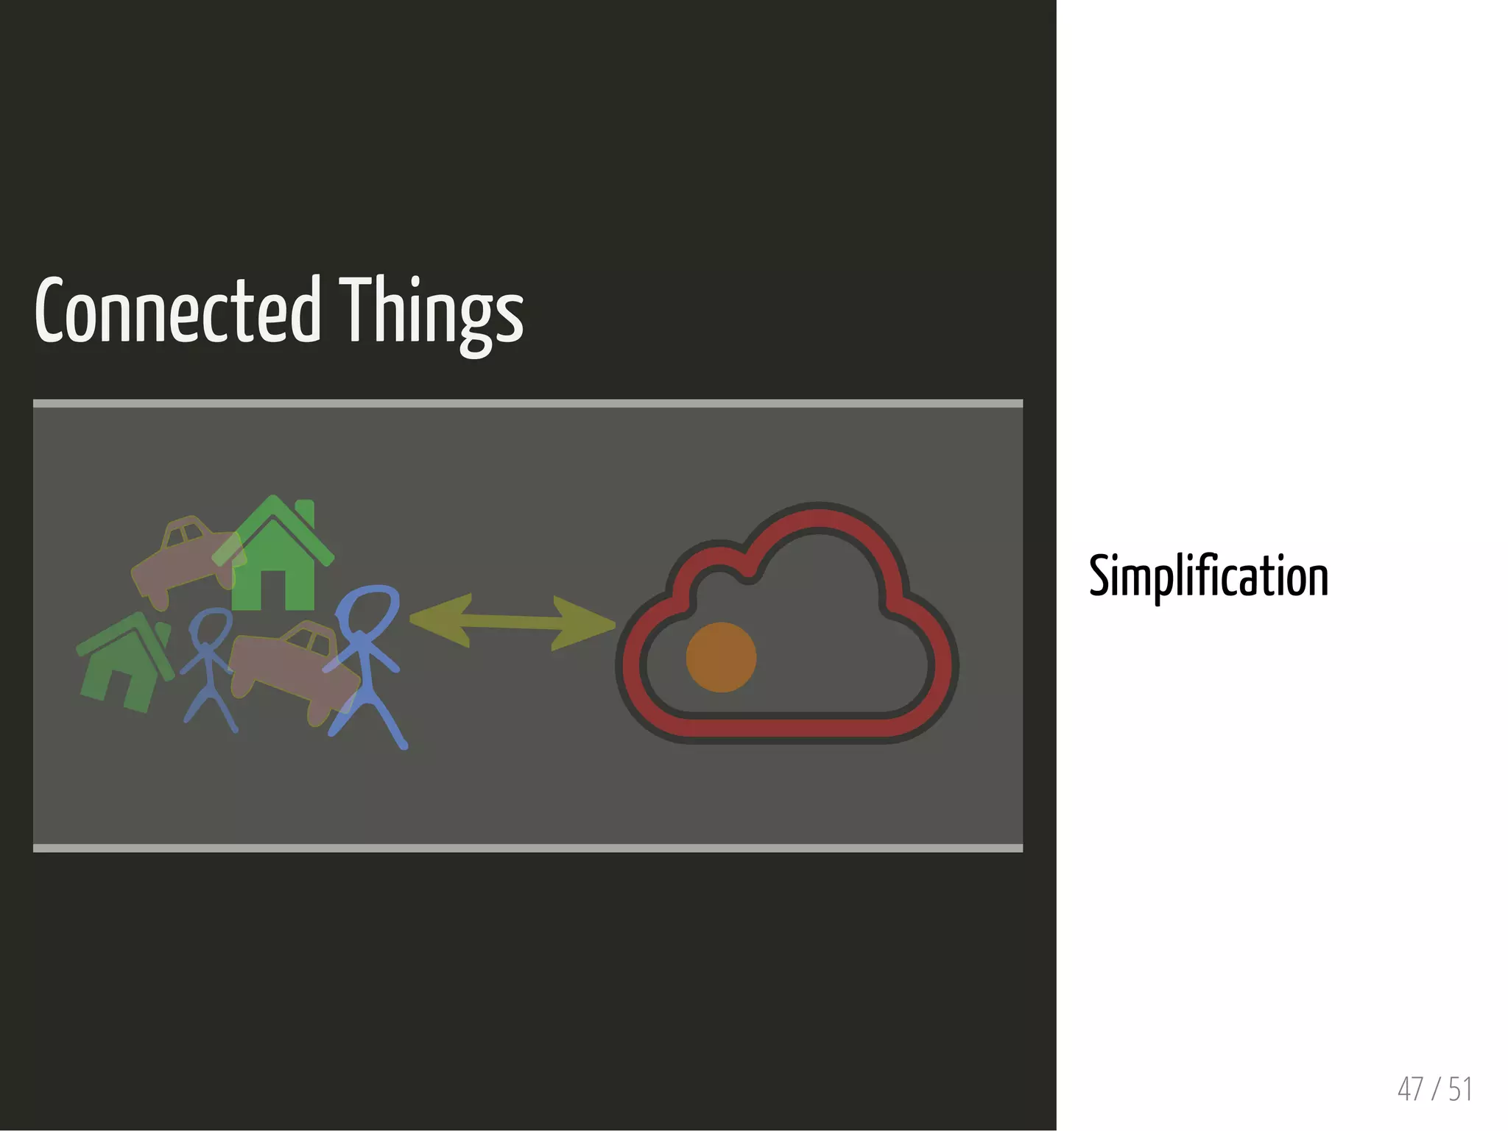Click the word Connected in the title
coord(177,311)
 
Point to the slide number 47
coord(1410,1089)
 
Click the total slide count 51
coord(1459,1089)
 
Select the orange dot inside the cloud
coord(721,657)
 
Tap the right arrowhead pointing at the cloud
coord(589,625)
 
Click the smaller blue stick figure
coord(209,670)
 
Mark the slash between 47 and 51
coord(1436,1089)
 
